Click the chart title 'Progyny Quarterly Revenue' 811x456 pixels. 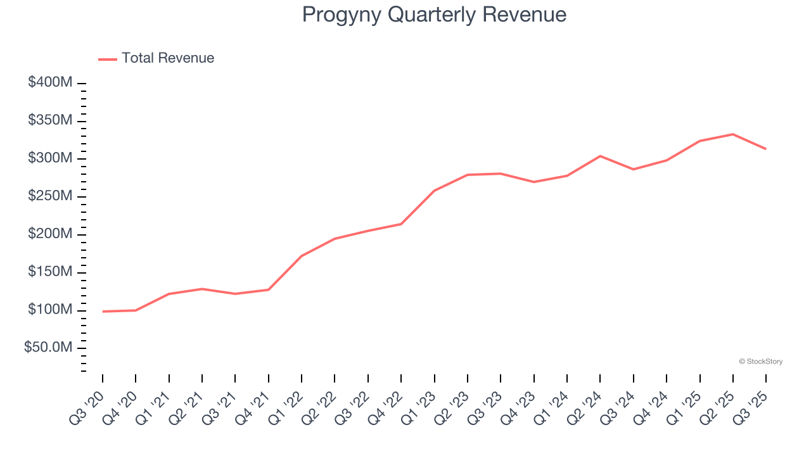(x=434, y=14)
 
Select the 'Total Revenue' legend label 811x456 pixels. (x=168, y=58)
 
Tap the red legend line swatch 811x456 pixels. (x=108, y=59)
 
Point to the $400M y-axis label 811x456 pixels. (x=50, y=83)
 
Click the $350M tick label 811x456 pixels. (x=50, y=121)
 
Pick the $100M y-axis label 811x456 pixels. (x=50, y=310)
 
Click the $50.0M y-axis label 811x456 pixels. (x=48, y=348)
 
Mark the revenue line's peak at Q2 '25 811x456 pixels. (x=733, y=134)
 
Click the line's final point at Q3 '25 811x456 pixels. (x=766, y=149)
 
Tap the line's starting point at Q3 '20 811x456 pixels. (x=103, y=312)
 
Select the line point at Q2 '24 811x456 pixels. (x=600, y=156)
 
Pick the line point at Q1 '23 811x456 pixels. (x=434, y=191)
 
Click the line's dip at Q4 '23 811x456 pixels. (x=533, y=182)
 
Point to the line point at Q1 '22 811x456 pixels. (x=302, y=256)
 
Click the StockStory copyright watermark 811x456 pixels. (x=760, y=362)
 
